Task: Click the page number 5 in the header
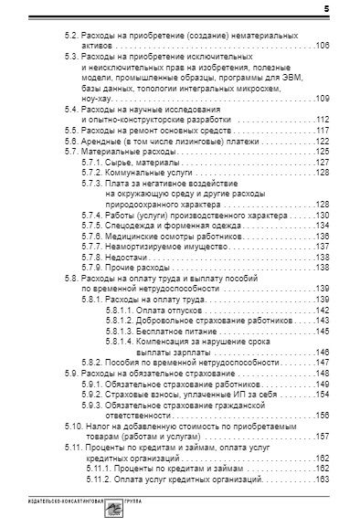click(326, 9)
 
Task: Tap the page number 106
click(323, 44)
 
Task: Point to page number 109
click(323, 98)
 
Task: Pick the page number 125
click(323, 152)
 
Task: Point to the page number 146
click(323, 352)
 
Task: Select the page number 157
click(323, 437)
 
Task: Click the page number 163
click(323, 480)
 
